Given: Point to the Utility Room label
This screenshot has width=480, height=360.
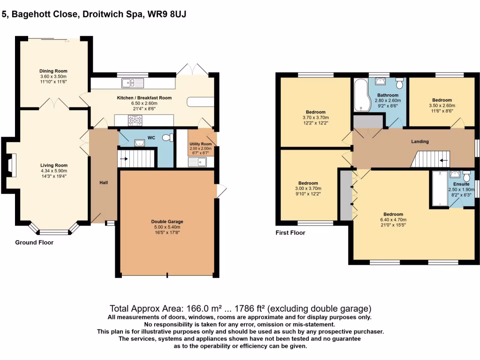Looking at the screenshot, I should pos(201,144).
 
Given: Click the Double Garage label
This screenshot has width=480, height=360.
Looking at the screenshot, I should pos(167,222).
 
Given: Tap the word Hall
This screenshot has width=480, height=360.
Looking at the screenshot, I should pos(104,182).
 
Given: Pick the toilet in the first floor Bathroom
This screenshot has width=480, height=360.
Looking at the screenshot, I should pos(399,83).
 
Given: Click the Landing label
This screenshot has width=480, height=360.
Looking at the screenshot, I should pos(420,142).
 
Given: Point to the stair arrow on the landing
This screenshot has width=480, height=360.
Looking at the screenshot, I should pos(443,159).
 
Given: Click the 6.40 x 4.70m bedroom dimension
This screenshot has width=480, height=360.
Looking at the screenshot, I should pos(393,219).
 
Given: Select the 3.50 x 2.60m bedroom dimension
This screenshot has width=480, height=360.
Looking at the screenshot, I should pos(442,105).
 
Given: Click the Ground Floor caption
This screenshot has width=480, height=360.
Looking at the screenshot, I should pos(34,243).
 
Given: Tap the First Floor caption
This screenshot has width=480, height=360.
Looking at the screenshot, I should pos(291,232).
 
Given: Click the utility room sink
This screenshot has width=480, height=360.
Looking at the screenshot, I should pos(198,162).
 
